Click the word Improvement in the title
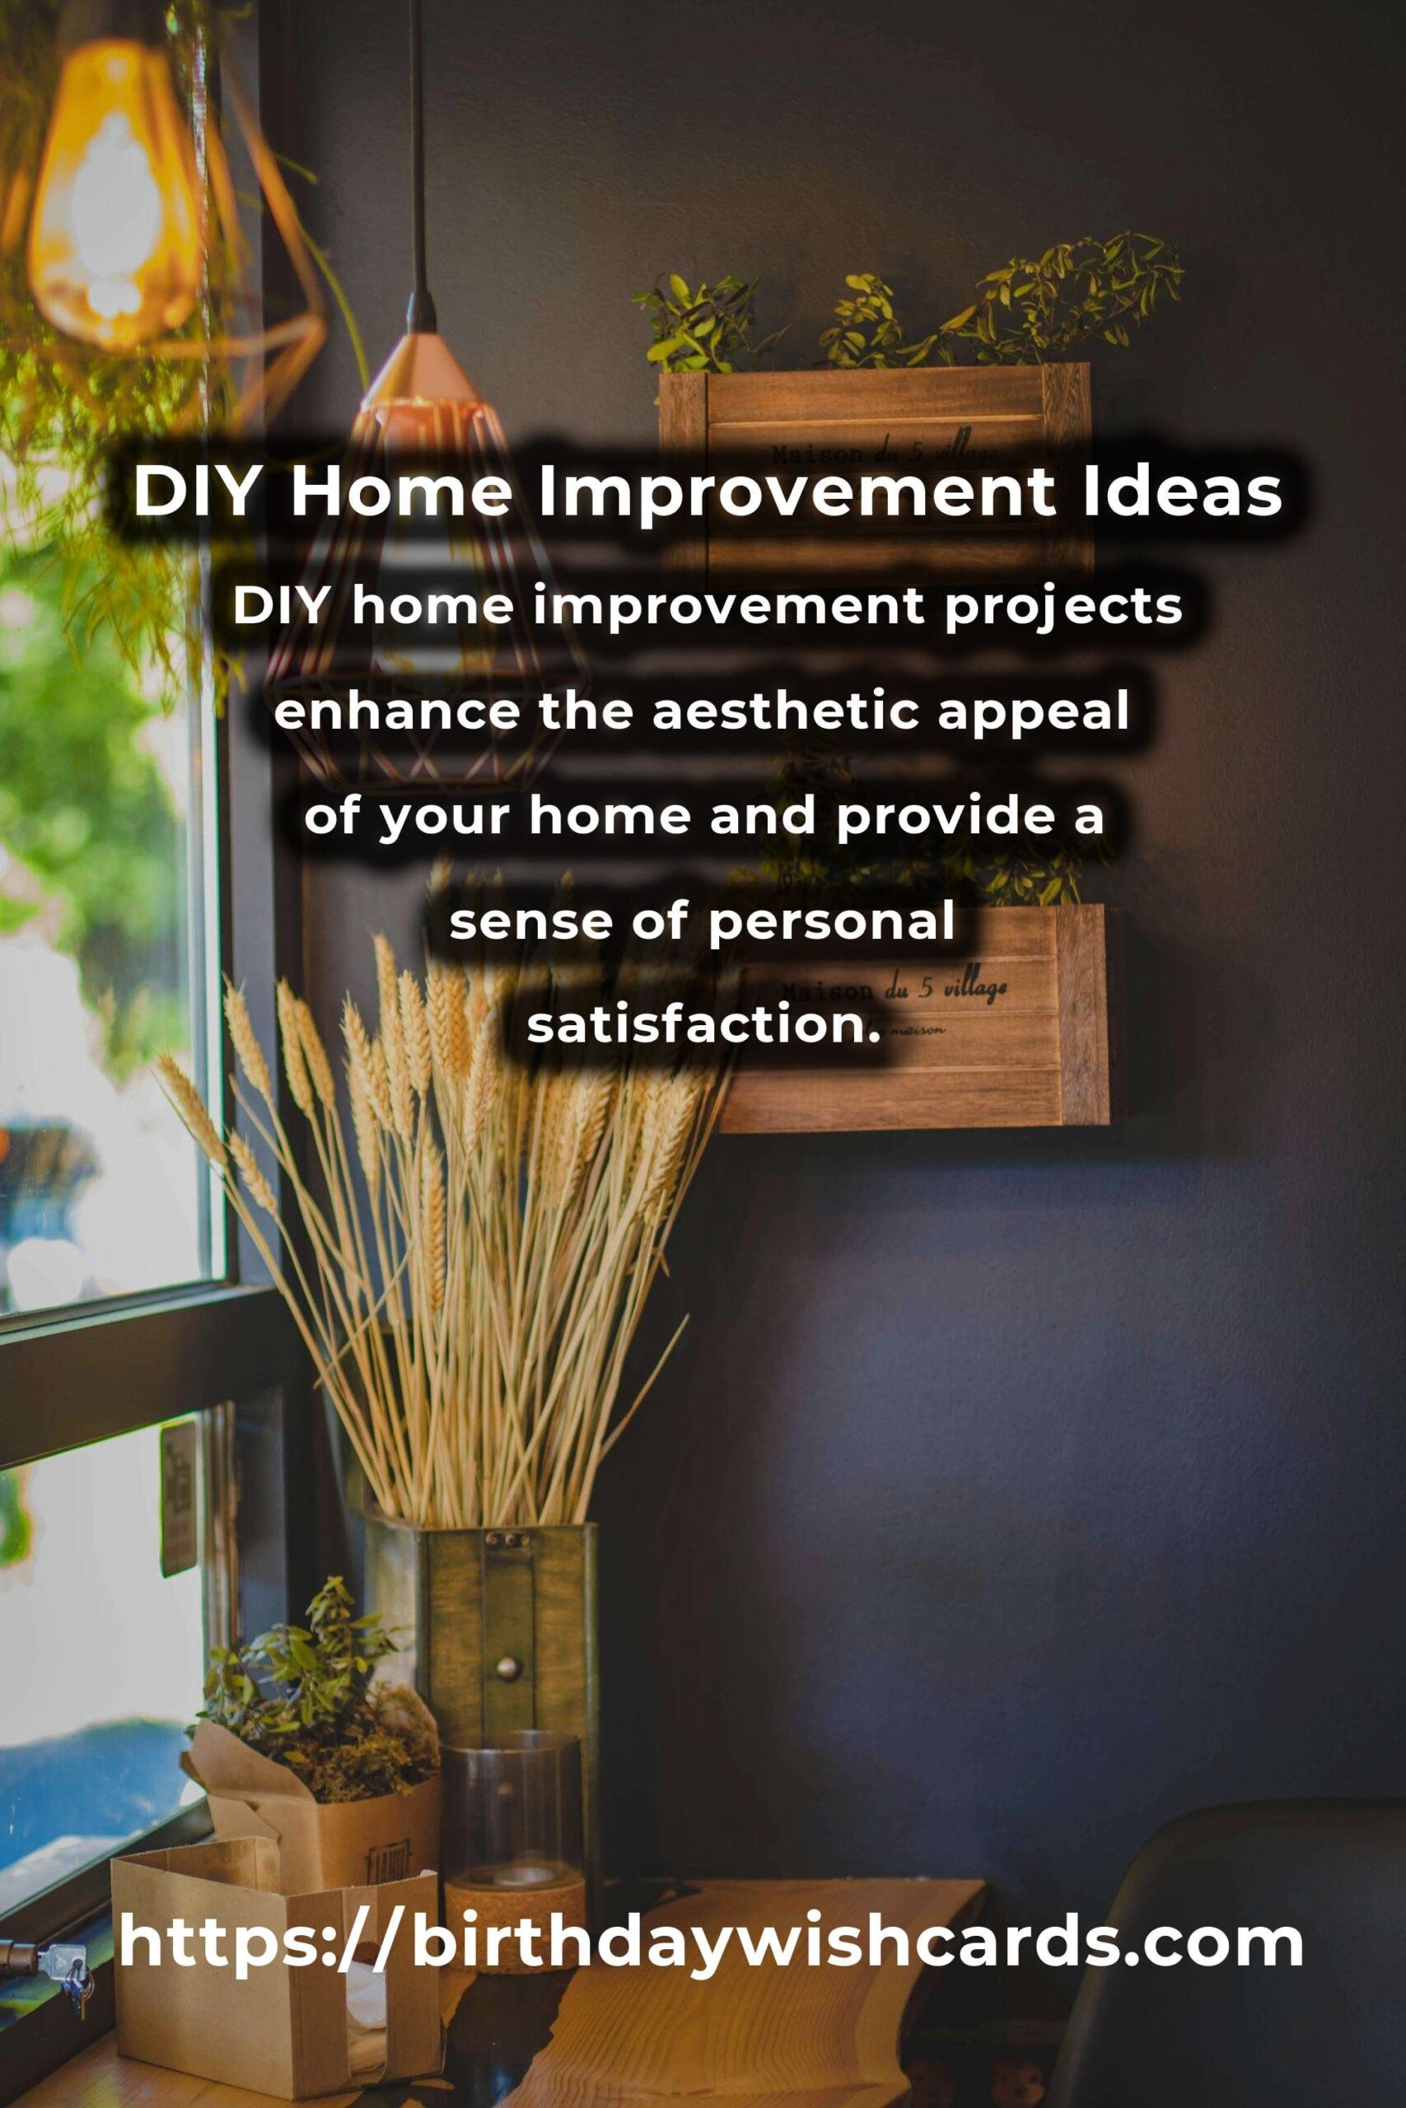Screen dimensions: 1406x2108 tap(796, 494)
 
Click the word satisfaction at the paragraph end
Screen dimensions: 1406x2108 tap(698, 1024)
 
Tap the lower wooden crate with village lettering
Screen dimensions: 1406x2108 tap(914, 1017)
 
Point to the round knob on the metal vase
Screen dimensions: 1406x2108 tap(507, 1667)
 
